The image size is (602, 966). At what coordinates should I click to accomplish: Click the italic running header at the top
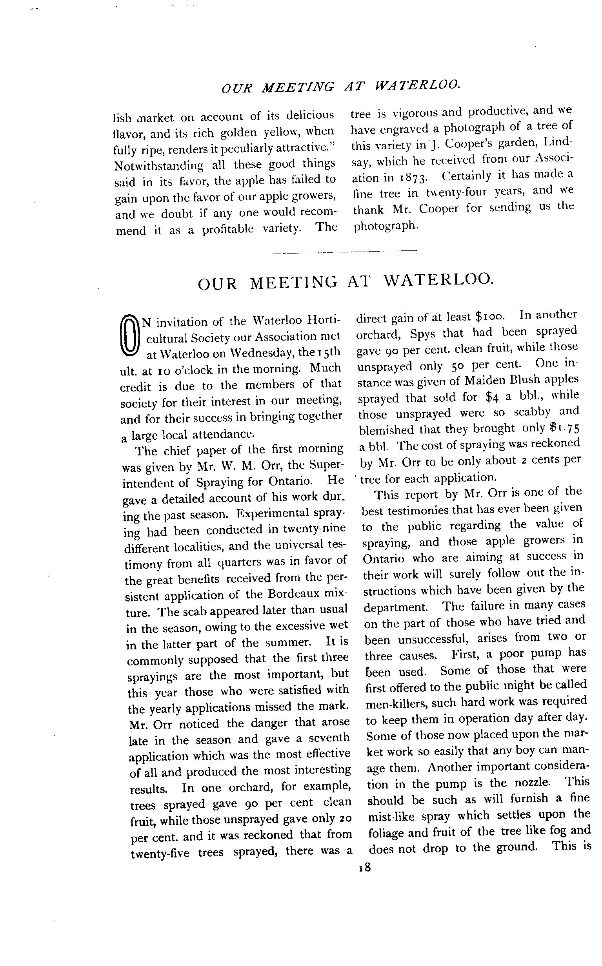pos(340,86)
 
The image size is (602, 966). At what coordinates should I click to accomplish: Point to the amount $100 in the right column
pos(490,316)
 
